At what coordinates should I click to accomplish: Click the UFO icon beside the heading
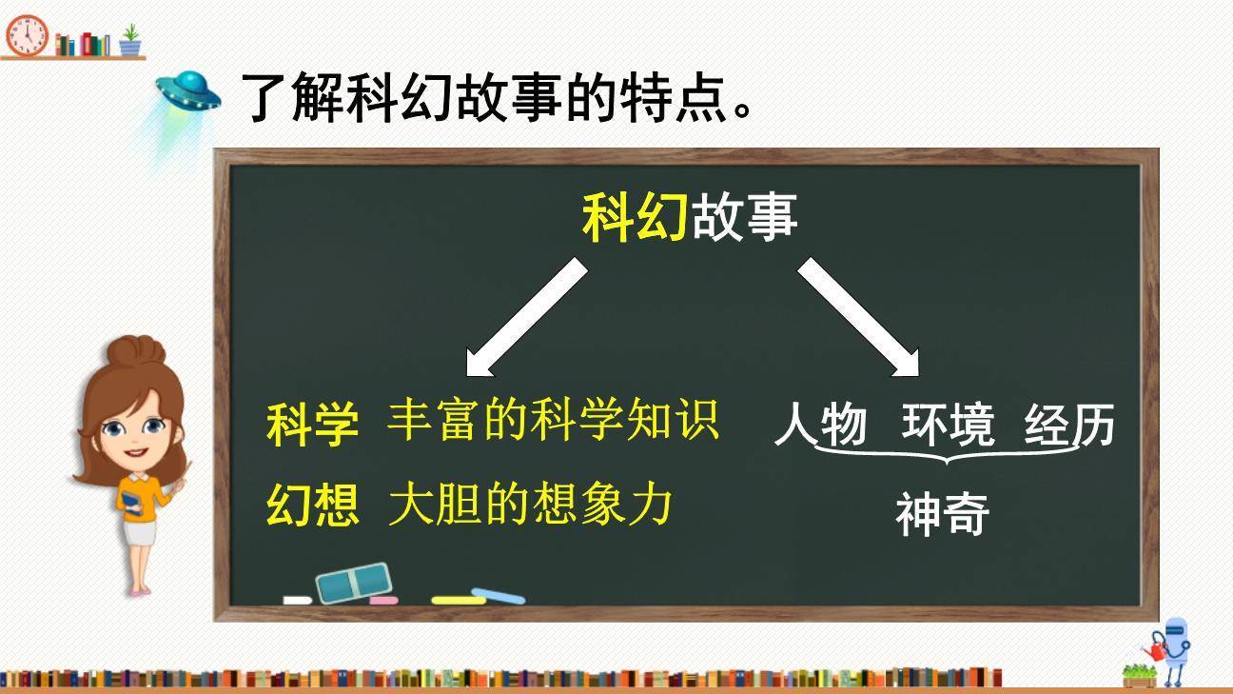click(188, 89)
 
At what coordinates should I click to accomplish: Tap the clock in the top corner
click(27, 35)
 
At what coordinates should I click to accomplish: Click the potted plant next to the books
click(130, 41)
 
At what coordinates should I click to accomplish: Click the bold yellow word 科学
click(312, 425)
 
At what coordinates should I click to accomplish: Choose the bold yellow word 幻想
click(312, 505)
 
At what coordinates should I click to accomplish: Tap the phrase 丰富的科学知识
click(552, 421)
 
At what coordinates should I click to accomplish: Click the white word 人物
click(820, 426)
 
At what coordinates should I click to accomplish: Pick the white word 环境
click(948, 425)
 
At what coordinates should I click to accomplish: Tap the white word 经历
click(1069, 426)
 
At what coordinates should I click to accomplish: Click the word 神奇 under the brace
click(942, 514)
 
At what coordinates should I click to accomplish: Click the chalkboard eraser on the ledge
click(353, 583)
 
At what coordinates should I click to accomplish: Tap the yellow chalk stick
click(458, 600)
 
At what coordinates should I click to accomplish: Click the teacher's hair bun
click(135, 350)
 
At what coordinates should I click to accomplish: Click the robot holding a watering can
click(1175, 647)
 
